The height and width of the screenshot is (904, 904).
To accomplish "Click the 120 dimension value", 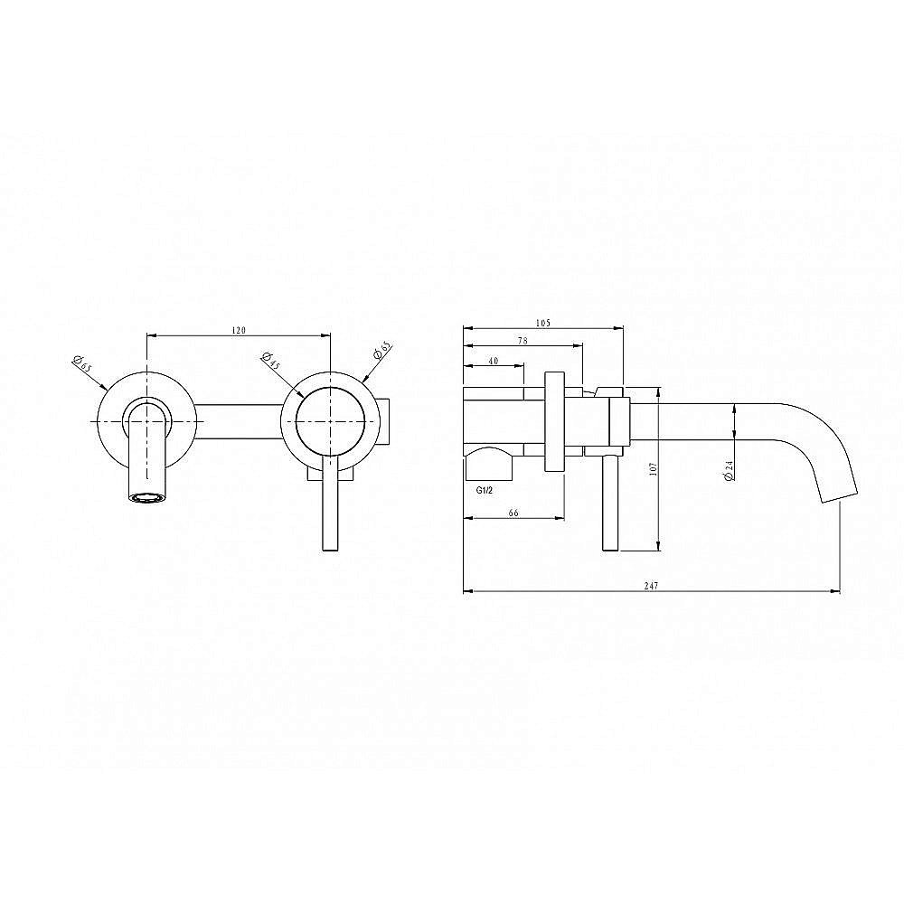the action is coord(239,330).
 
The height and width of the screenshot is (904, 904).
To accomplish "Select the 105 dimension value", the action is coord(543,323).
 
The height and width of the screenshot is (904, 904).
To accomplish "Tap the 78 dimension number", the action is coord(523,341).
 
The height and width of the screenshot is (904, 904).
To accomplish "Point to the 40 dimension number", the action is coord(493,361).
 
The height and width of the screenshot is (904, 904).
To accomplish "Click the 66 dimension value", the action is coord(513,513).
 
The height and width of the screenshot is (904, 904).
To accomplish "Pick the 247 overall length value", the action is coord(651,586).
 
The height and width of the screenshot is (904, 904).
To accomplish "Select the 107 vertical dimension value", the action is coord(653,468).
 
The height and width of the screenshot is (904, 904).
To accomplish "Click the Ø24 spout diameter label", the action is coord(729,470).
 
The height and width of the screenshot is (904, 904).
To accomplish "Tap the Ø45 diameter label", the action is coord(270,361).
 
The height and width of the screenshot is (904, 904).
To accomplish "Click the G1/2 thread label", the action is coord(485,491).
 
